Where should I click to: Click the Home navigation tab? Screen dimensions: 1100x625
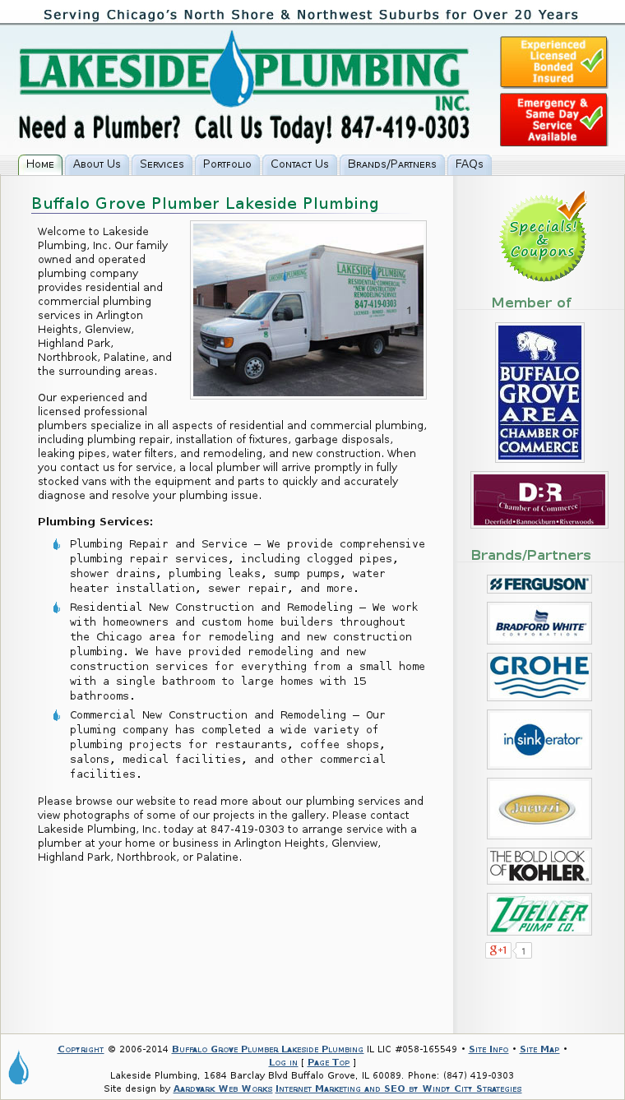[x=40, y=164]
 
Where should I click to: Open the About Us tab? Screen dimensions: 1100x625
[x=97, y=164]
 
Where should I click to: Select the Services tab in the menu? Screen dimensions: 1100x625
[x=162, y=164]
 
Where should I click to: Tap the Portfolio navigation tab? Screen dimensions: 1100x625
[x=227, y=164]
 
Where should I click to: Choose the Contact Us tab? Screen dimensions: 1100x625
[x=299, y=164]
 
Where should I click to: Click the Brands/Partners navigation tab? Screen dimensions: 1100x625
[x=392, y=164]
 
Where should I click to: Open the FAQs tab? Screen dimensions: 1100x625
[x=470, y=164]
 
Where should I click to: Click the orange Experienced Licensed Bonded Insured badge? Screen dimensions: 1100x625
[x=553, y=62]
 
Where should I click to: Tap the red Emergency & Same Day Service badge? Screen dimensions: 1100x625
[x=553, y=120]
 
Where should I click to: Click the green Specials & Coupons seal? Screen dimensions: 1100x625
[x=543, y=237]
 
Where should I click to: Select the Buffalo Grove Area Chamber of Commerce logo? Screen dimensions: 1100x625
[x=539, y=392]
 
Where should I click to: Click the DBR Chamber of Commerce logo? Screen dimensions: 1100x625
[x=539, y=500]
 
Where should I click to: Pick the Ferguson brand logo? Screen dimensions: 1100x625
[x=539, y=585]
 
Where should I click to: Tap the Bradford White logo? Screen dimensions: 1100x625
[x=539, y=623]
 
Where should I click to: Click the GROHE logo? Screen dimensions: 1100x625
[x=539, y=677]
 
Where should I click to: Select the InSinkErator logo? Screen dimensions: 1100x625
[x=539, y=739]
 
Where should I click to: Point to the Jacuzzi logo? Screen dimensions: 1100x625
[x=539, y=808]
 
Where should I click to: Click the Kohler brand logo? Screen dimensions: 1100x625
[x=539, y=866]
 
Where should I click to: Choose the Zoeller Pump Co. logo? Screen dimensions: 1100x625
[x=539, y=914]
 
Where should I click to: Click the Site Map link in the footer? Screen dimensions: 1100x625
[x=539, y=1049]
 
